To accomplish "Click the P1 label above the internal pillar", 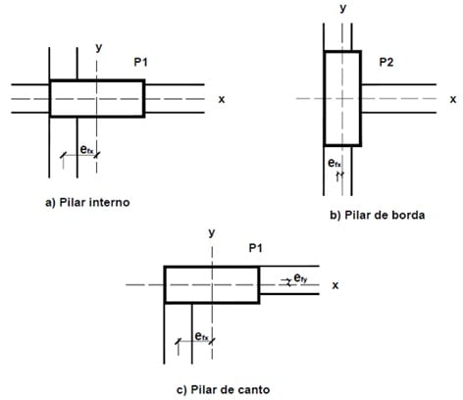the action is [x=140, y=62].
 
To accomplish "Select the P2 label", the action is [x=386, y=62].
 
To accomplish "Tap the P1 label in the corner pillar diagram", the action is [x=255, y=248].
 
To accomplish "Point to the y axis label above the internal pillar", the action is [x=99, y=48].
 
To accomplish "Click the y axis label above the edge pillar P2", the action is [x=343, y=8].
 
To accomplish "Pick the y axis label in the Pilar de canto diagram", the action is [x=212, y=233].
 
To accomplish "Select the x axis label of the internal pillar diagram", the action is [x=222, y=99].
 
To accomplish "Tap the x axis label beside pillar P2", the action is [x=453, y=99].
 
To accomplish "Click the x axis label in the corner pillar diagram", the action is [x=335, y=285].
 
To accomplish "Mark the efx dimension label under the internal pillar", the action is [x=86, y=150].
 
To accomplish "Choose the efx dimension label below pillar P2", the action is [x=334, y=163].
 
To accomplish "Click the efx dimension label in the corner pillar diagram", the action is [x=201, y=336].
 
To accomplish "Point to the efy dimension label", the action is [x=300, y=278].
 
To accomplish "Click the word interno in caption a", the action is [x=110, y=203].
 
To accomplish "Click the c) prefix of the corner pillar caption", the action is [x=181, y=390].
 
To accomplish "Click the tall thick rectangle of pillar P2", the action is [x=325, y=98].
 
